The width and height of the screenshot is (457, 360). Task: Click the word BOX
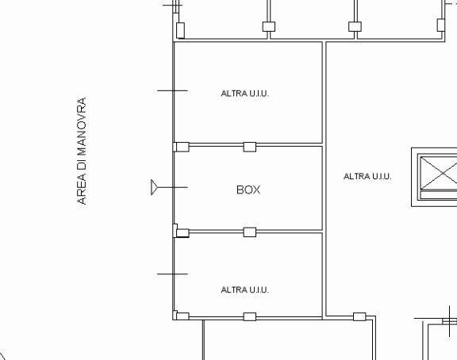248,190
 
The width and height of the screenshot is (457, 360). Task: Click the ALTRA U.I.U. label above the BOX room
245,94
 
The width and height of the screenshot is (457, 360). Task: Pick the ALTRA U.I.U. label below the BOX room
245,289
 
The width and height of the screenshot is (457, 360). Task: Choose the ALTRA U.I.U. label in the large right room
367,176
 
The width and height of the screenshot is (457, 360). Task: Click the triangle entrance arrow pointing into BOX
154,187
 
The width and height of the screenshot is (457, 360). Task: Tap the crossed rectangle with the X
439,173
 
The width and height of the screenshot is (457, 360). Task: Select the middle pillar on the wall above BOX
250,147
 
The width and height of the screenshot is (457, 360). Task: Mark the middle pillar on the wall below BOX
250,232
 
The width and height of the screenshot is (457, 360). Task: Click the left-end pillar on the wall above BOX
182,147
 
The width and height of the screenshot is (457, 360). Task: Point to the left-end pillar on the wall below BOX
182,233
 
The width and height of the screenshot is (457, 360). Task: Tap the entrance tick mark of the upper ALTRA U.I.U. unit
172,91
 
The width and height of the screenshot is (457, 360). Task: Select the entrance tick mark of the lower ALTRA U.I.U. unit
172,274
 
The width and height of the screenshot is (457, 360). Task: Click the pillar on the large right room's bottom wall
359,316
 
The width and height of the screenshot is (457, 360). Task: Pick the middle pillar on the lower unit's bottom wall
250,316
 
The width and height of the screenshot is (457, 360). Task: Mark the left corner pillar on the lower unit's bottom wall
182,316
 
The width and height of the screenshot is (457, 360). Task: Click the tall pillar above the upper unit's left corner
180,30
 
